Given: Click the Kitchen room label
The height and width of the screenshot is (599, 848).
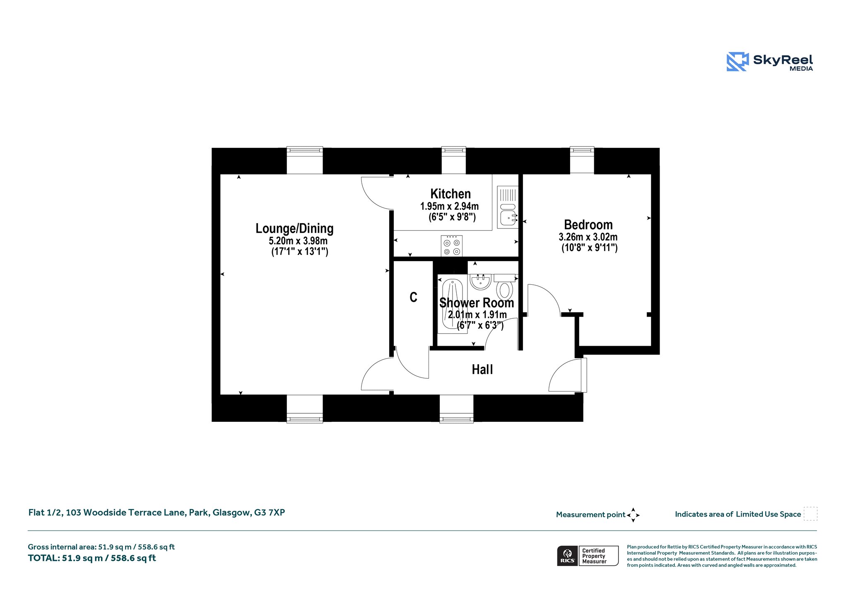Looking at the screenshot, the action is (450, 194).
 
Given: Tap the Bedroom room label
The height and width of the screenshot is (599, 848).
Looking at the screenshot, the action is (588, 225).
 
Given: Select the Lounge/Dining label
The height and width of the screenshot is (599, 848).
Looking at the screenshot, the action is (294, 229).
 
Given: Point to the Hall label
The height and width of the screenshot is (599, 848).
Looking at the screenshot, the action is (482, 369).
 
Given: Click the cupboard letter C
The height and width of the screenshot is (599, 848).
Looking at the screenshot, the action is (413, 297).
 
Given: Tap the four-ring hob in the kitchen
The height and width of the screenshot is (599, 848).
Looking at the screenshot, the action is (452, 246).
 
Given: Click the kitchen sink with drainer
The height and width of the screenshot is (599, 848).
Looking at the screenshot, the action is (508, 207).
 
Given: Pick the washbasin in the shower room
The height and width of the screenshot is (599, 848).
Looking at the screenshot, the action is (480, 282).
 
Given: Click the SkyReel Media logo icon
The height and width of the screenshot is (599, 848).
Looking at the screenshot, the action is (737, 62).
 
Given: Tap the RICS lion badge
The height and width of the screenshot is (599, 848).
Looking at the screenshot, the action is (568, 556).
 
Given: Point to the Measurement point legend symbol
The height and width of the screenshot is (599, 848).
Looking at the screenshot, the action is (633, 515).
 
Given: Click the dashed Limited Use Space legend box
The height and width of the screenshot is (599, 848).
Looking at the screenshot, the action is (810, 514).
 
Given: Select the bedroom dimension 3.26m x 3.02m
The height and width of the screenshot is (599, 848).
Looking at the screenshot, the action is (588, 237).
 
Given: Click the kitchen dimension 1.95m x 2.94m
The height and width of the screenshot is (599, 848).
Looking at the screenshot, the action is (450, 206).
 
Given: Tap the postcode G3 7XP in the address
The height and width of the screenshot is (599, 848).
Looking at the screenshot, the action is (270, 512).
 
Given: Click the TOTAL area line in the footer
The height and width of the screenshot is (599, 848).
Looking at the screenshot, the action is (92, 558).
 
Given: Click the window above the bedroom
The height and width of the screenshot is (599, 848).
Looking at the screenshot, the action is (582, 160).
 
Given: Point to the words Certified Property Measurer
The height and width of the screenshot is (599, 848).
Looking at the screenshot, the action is (594, 556).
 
